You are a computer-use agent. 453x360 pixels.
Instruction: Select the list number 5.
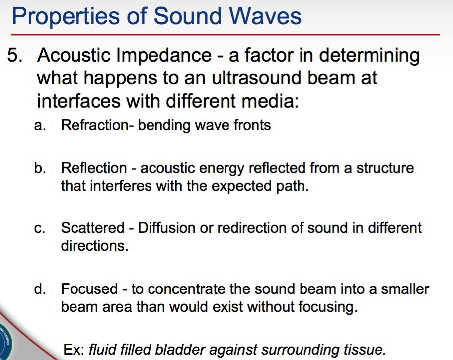15,55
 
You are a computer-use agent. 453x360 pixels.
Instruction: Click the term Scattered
93,228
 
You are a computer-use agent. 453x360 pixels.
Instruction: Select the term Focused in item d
90,288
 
